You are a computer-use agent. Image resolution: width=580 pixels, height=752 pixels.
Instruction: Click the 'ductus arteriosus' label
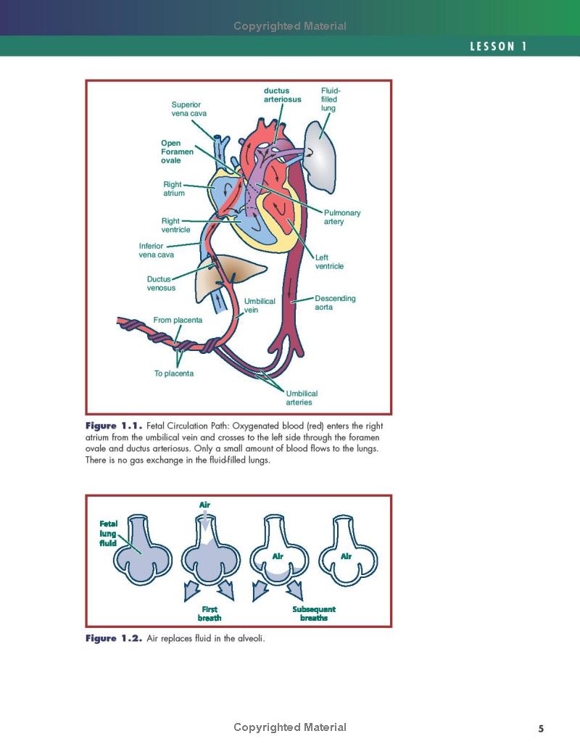pyautogui.click(x=282, y=95)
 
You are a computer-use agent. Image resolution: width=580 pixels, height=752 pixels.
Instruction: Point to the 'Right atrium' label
pyautogui.click(x=173, y=189)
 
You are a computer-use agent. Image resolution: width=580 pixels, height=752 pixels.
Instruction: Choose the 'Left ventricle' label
pyautogui.click(x=329, y=262)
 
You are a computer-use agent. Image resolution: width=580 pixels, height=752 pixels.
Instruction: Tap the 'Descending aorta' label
pyautogui.click(x=335, y=302)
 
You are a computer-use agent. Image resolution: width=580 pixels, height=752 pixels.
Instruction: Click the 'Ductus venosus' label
pyautogui.click(x=161, y=283)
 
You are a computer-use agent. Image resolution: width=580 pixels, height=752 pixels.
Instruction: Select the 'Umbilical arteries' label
pyautogui.click(x=302, y=397)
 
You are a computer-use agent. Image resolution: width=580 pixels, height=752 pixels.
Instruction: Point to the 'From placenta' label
pyautogui.click(x=178, y=320)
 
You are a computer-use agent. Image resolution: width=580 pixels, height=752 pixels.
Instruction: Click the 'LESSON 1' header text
pyautogui.click(x=498, y=46)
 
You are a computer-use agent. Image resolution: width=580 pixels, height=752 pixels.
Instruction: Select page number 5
pyautogui.click(x=541, y=729)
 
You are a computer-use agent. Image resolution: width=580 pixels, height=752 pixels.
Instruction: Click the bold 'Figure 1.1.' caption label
pyautogui.click(x=114, y=425)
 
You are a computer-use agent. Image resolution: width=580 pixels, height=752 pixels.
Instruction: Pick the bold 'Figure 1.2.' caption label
pyautogui.click(x=114, y=638)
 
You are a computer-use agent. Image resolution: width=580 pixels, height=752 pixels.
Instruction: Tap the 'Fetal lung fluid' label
pyautogui.click(x=108, y=533)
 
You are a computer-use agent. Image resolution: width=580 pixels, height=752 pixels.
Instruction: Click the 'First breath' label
pyautogui.click(x=210, y=613)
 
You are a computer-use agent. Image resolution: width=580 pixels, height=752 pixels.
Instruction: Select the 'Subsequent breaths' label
pyautogui.click(x=314, y=613)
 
